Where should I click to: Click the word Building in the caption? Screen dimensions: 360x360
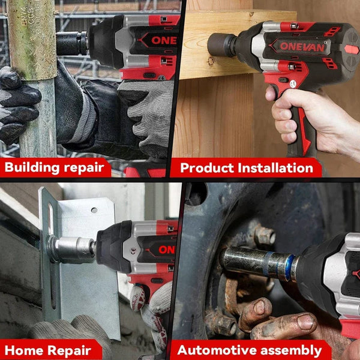coord(31,167)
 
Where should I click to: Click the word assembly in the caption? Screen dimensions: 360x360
coord(295,350)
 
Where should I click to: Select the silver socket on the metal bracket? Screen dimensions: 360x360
coord(71,249)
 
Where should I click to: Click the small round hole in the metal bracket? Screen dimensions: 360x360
coord(94,211)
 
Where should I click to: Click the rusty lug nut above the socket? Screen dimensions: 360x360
coord(264,236)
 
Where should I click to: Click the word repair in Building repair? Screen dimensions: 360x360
coord(84,167)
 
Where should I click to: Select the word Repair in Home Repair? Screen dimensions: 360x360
coord(71,350)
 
